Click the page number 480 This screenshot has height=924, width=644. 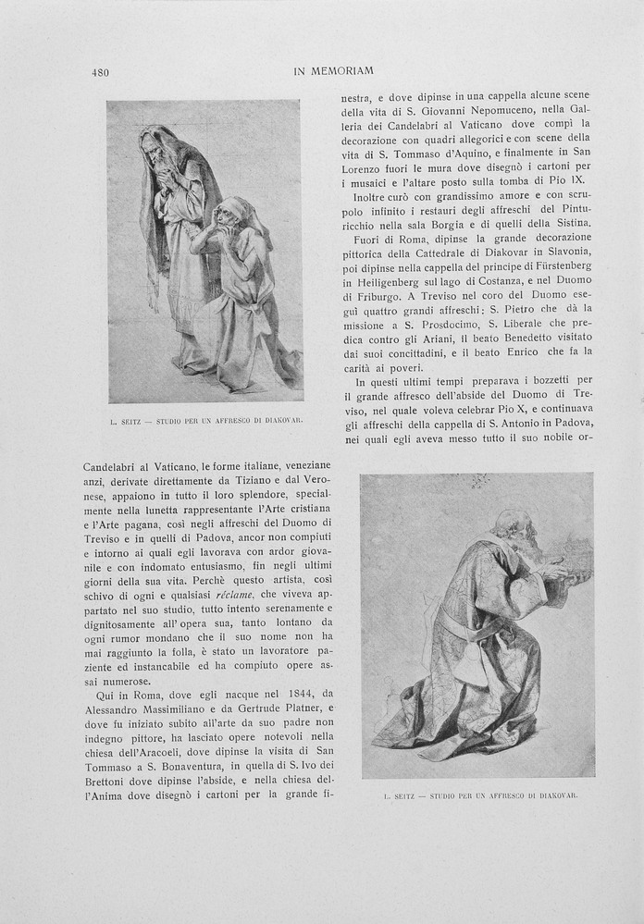[x=101, y=72]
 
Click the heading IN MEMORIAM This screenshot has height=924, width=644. [x=333, y=71]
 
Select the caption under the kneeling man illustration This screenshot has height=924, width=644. [x=480, y=795]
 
